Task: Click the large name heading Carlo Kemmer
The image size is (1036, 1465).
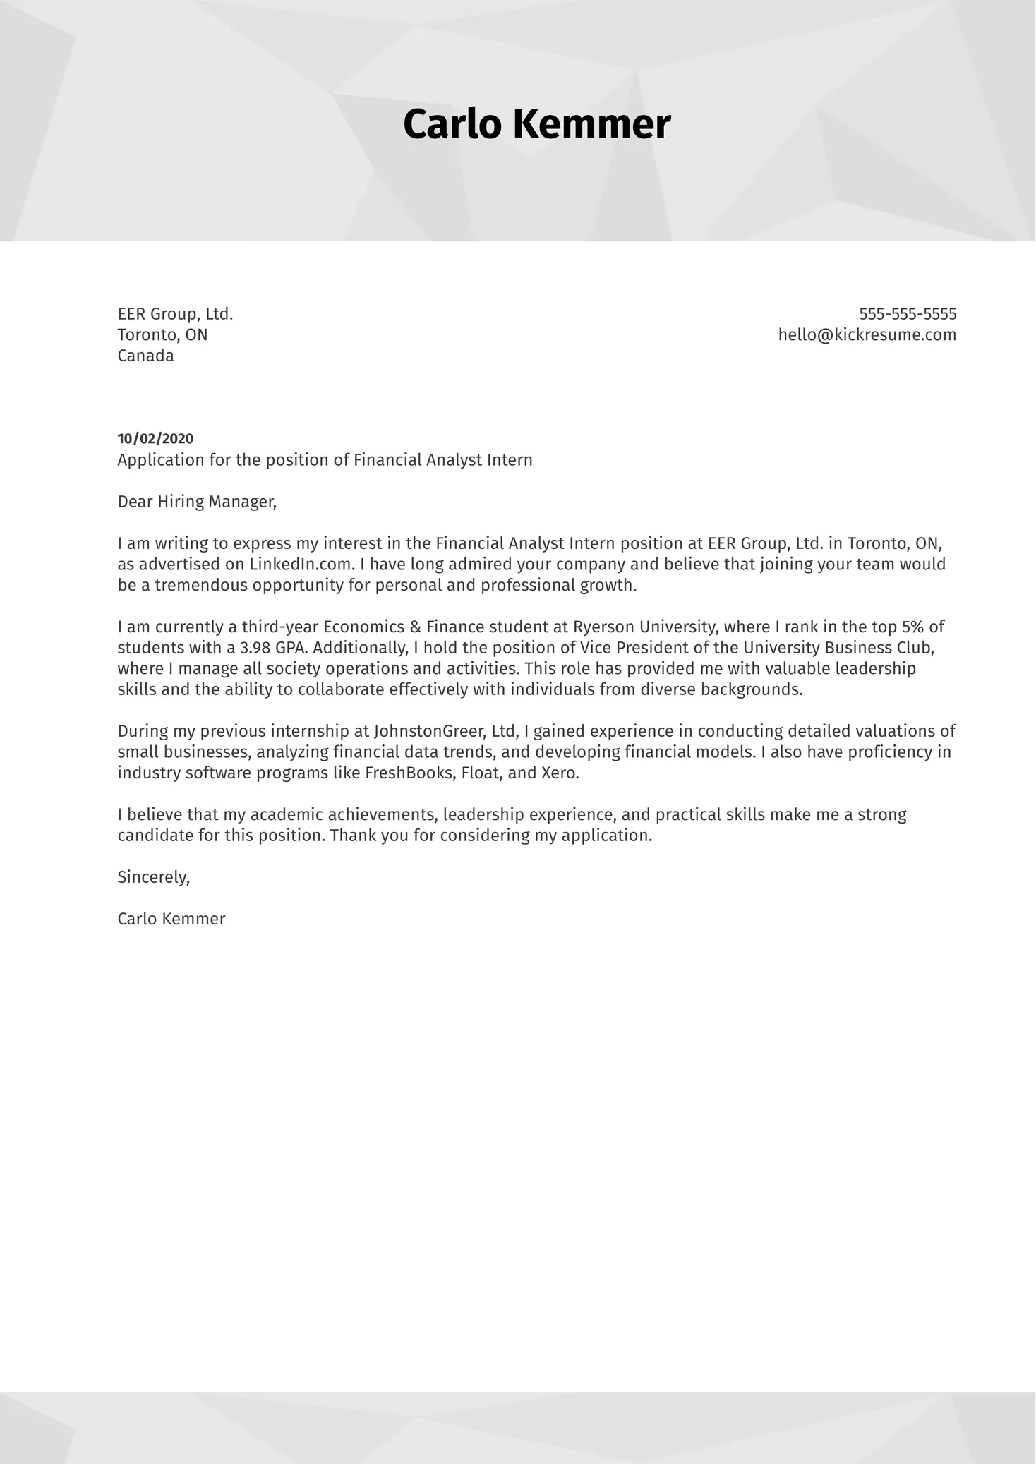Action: point(536,125)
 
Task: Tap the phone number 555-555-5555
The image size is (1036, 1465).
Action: point(908,314)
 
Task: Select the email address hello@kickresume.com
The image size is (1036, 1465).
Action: point(867,334)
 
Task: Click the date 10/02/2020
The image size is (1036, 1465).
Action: point(155,439)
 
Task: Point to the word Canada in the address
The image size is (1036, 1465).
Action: point(145,356)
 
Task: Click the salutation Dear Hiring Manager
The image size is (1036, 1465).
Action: point(196,502)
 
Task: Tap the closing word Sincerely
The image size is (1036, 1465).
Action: point(153,877)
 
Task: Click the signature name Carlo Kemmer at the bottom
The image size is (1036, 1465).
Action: point(171,919)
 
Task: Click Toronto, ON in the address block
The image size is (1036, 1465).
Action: point(162,334)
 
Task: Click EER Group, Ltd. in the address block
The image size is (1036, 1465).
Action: point(175,314)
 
